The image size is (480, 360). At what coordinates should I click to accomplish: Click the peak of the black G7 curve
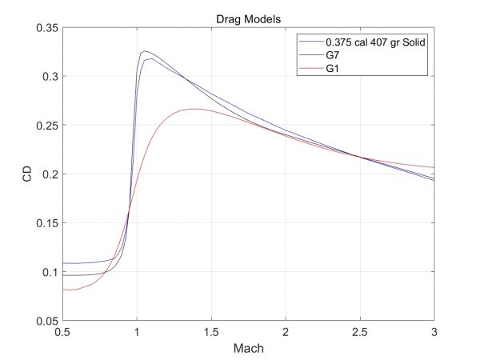[145, 51]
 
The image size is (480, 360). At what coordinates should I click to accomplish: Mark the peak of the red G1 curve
[194, 109]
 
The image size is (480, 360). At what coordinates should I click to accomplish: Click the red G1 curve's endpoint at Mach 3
[434, 167]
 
